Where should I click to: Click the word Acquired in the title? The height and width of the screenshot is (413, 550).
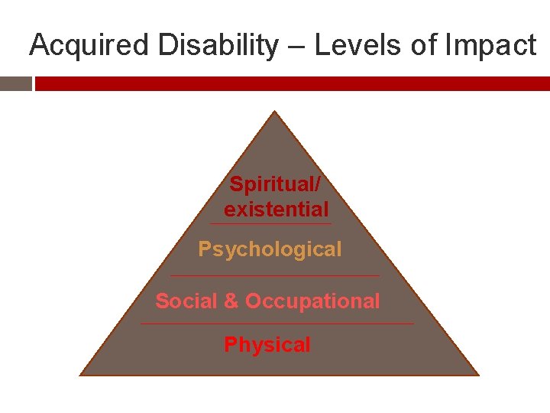click(90, 46)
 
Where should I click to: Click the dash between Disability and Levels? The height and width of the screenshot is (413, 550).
click(297, 47)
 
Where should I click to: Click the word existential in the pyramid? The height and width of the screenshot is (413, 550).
click(276, 209)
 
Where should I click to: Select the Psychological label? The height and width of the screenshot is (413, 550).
click(270, 249)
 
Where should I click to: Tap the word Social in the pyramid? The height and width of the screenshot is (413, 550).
click(186, 301)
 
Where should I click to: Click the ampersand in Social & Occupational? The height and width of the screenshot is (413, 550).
click(231, 301)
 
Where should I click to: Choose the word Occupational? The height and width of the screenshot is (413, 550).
click(312, 301)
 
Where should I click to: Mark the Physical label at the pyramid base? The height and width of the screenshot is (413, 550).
click(267, 345)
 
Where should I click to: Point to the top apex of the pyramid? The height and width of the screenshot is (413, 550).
click(274, 113)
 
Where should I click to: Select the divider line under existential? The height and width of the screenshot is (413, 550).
click(271, 224)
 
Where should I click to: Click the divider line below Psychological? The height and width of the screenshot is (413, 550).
click(274, 275)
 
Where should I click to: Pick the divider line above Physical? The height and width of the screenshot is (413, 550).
click(277, 324)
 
